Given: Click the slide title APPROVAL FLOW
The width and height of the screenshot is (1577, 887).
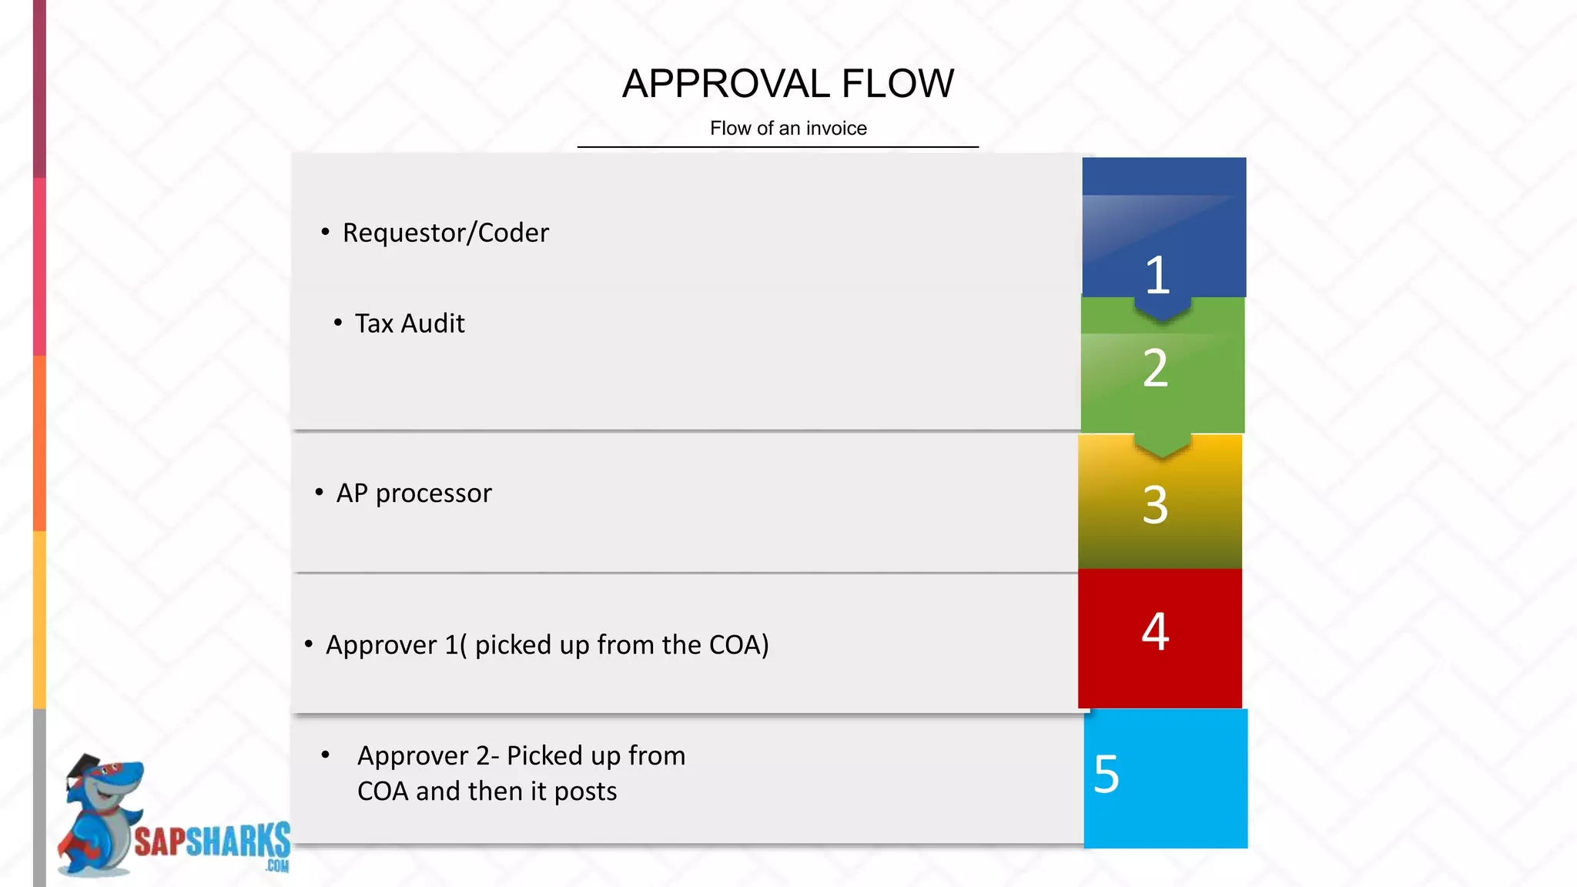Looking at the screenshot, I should point(788,84).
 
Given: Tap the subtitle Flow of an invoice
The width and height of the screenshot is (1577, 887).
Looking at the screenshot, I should point(788,129).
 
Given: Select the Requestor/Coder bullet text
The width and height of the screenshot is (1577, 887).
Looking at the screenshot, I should point(445,233).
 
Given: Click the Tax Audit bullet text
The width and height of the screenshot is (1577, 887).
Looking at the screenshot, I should point(410,323).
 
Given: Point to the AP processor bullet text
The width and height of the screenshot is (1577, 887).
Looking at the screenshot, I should point(414,493).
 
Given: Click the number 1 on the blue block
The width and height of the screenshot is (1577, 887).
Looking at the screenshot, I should point(1157,275).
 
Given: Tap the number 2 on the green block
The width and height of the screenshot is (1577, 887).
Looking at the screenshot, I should point(1155,368).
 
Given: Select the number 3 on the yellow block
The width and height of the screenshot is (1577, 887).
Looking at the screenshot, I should point(1155,505).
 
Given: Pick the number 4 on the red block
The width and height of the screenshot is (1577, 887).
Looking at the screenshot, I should point(1155,631).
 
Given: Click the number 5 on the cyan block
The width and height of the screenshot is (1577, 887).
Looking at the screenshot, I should point(1107,774).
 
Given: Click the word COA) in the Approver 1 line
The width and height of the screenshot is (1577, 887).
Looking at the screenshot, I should point(738,645).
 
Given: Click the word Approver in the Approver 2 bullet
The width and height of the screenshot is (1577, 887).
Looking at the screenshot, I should point(414,756).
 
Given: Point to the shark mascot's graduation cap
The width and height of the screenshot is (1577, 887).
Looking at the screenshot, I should point(85,768).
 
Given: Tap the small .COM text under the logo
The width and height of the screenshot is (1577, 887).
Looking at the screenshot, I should point(277,867).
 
